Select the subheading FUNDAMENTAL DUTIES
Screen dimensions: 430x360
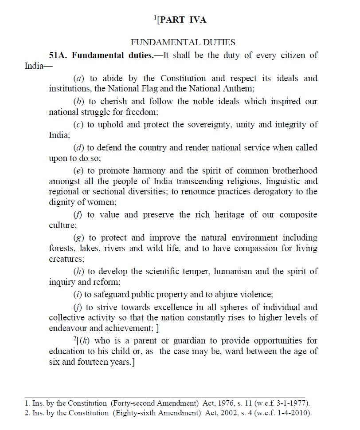[182, 43]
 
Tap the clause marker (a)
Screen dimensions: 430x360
[78, 79]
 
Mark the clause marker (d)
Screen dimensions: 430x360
[78, 147]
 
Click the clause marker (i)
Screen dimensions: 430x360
[77, 294]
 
